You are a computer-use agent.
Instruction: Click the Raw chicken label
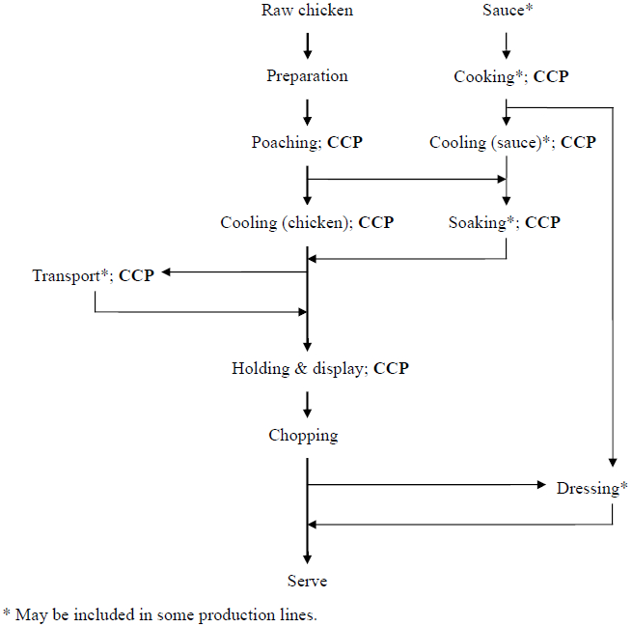coord(307,11)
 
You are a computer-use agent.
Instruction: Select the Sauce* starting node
coord(506,11)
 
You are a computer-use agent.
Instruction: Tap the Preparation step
coord(307,76)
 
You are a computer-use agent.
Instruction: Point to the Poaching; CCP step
coord(307,142)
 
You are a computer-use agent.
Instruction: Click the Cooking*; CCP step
coord(510,76)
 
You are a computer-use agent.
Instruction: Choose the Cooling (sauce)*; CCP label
coord(512,142)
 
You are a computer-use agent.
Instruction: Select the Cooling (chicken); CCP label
coord(307,223)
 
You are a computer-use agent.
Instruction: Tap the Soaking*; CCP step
coord(504,223)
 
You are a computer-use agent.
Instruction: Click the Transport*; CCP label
coord(93,275)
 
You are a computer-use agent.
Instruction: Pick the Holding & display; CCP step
coord(319,368)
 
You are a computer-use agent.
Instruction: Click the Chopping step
coord(303,436)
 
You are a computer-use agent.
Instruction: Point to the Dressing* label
coord(591,488)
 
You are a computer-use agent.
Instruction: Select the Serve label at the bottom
coord(307,581)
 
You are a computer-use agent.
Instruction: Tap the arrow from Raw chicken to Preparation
coord(307,44)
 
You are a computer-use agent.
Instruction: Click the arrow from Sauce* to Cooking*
coord(507,44)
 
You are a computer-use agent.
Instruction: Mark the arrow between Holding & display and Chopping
coord(307,402)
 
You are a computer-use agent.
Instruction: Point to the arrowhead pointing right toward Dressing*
coord(541,485)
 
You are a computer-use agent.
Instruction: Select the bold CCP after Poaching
coord(345,142)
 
